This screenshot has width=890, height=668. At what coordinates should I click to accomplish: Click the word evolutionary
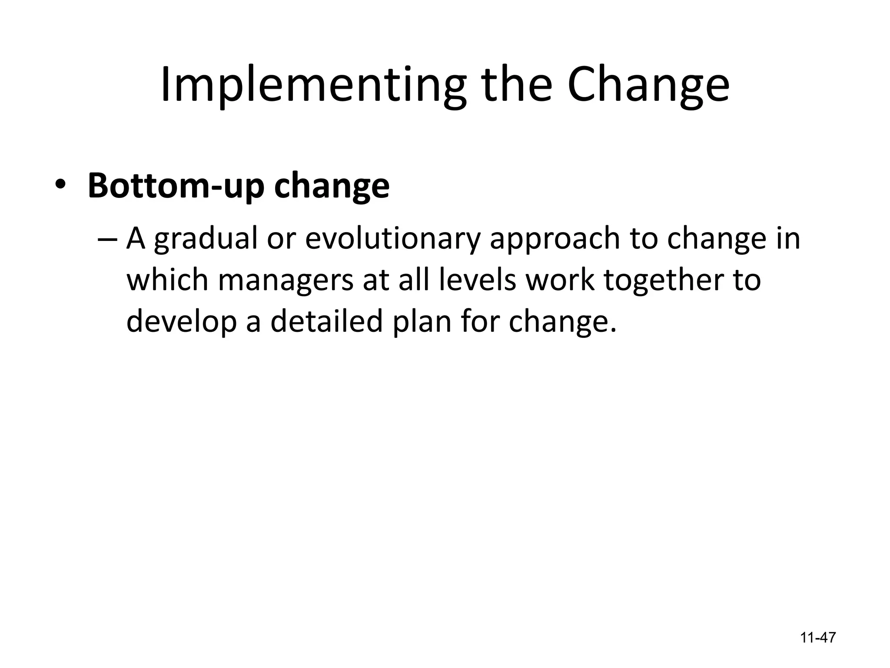point(393,239)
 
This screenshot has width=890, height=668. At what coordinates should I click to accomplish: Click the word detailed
point(327,321)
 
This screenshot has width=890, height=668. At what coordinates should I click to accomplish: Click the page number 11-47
point(818,638)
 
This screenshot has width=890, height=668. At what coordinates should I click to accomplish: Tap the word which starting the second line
point(167,280)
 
